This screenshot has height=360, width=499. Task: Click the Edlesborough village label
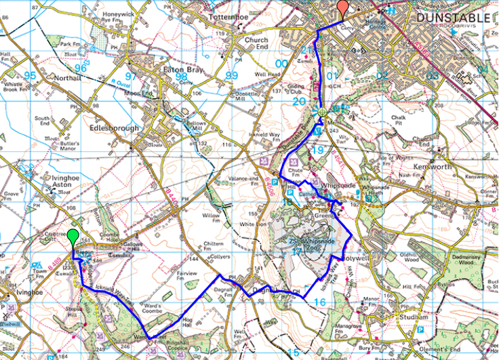(x=112, y=127)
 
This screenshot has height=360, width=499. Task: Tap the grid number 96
(x=81, y=68)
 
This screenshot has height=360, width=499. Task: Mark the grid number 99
(x=233, y=75)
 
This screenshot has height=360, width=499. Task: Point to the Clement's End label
(x=463, y=351)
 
